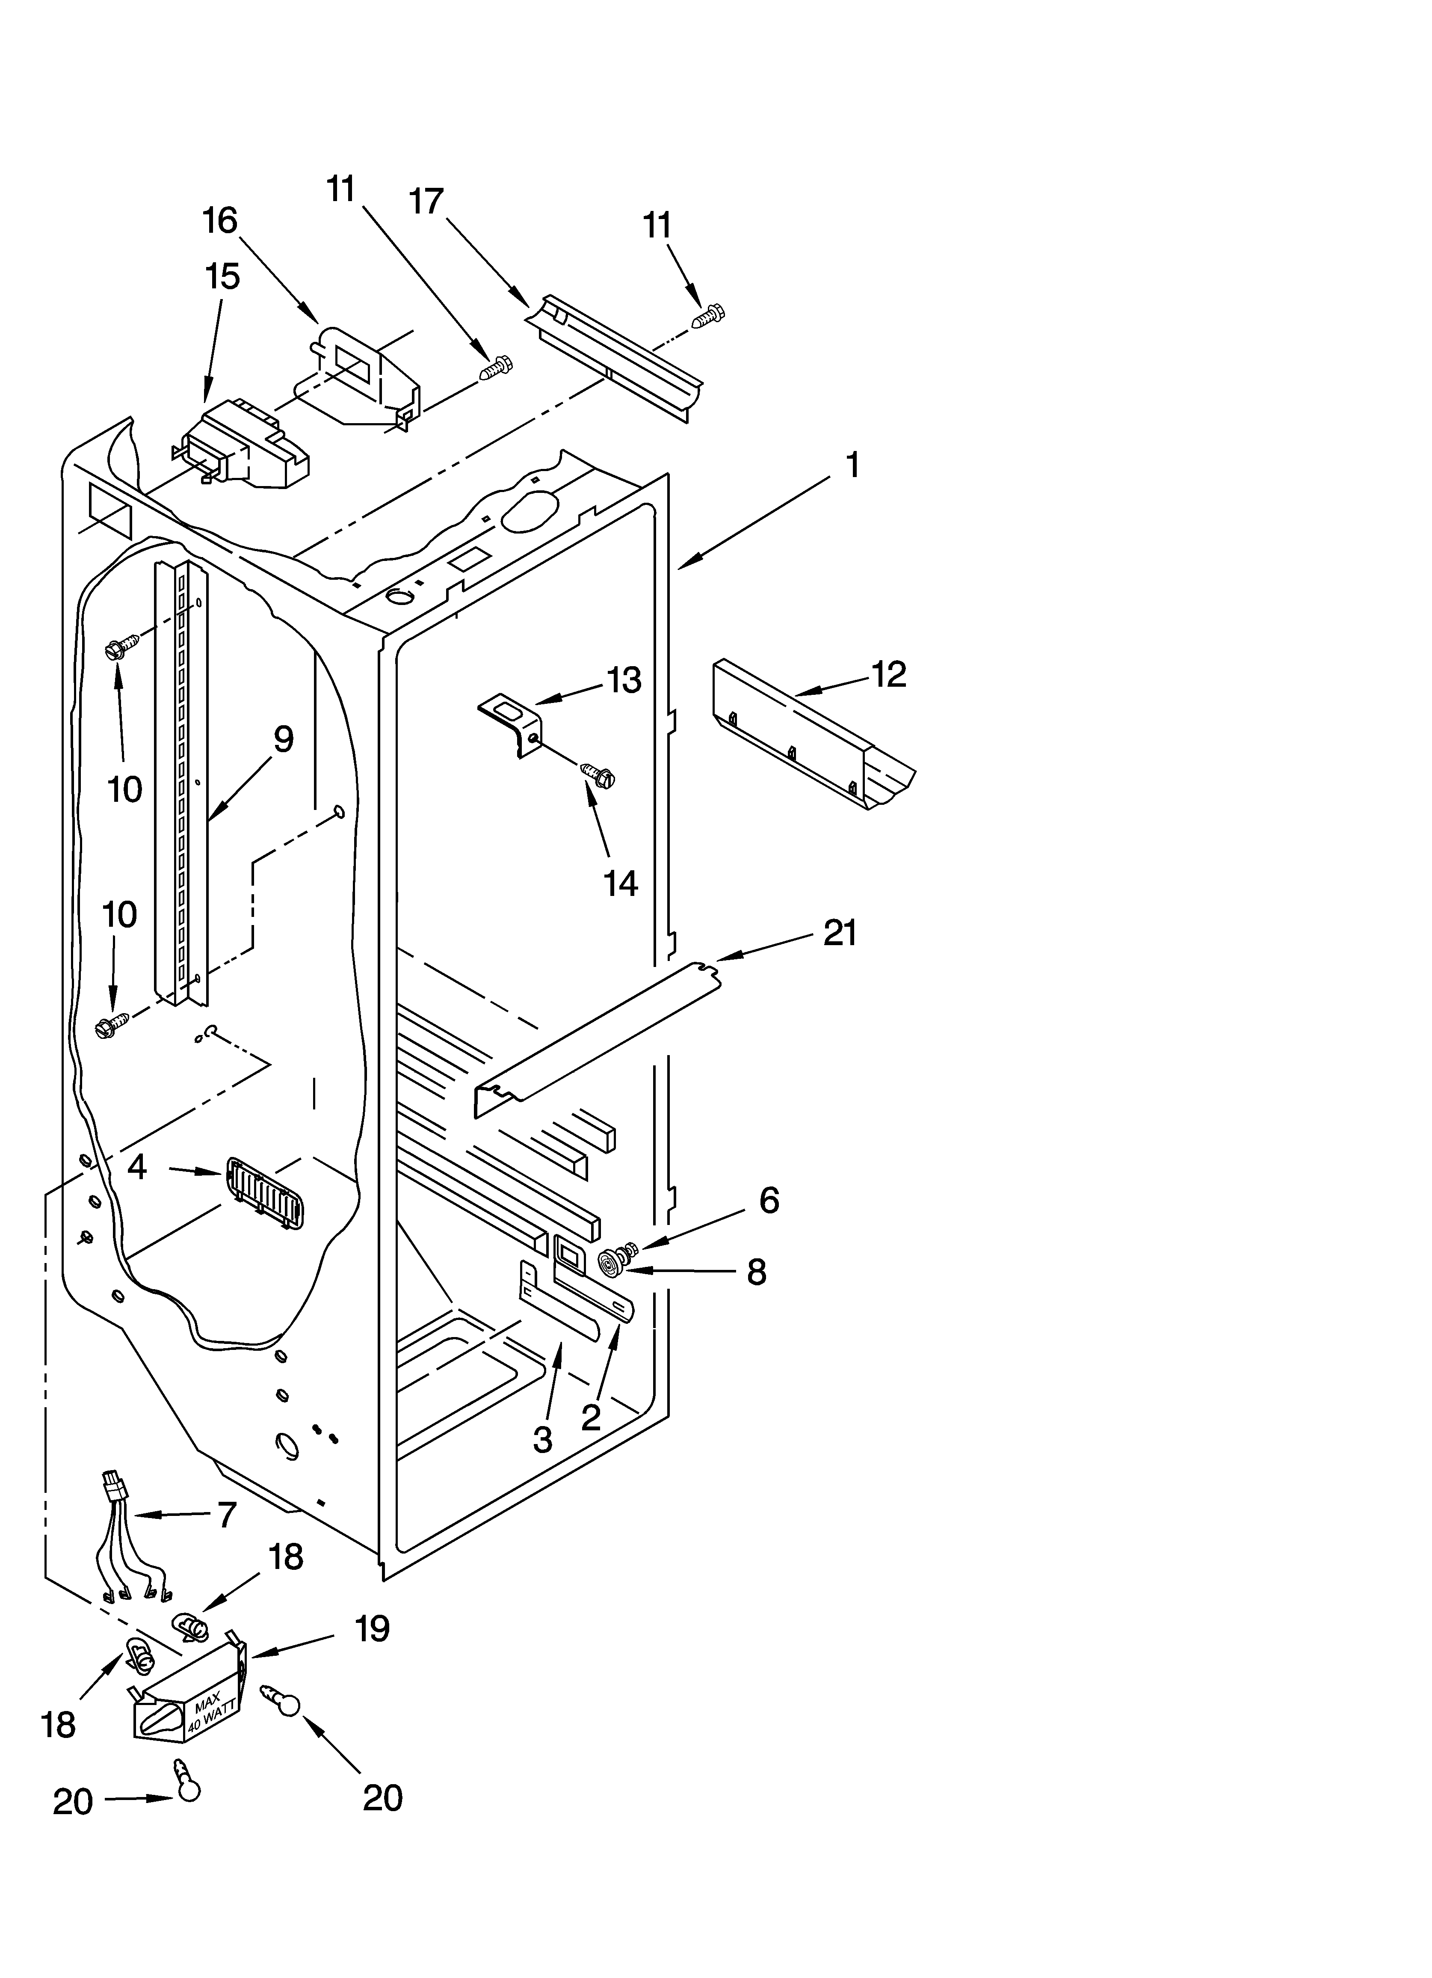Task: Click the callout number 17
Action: (x=426, y=202)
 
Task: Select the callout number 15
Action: (x=222, y=277)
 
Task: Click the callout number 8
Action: (x=755, y=1272)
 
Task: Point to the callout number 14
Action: (x=621, y=884)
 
